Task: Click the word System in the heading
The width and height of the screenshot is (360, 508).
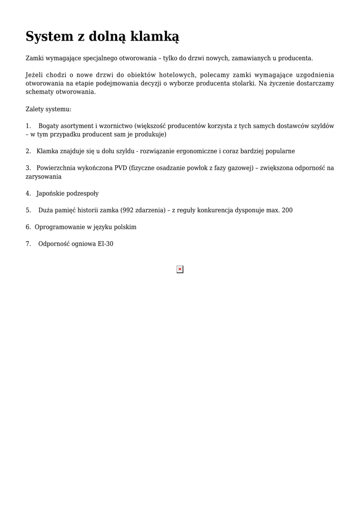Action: tap(49, 36)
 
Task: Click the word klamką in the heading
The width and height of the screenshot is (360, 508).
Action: tap(155, 36)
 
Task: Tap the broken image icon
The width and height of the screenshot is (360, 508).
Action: tap(180, 269)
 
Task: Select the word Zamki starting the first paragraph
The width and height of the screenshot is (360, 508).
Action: tap(34, 58)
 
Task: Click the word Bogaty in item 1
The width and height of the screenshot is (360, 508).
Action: tap(49, 126)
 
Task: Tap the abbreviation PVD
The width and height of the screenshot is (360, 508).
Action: tap(121, 168)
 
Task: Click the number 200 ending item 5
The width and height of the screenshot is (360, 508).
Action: tap(287, 210)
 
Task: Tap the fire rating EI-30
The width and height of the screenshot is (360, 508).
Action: tap(106, 244)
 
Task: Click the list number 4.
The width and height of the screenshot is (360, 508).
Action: tap(28, 193)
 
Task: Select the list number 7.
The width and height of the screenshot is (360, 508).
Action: tap(28, 244)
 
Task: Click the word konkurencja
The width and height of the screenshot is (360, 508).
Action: tap(220, 210)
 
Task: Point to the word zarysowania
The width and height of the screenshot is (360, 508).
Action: tap(44, 176)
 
